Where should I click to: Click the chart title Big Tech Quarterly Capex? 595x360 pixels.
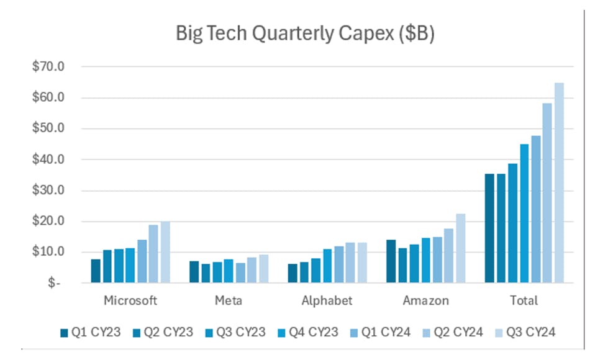pyautogui.click(x=305, y=34)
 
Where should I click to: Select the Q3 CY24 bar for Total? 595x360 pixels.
pyautogui.click(x=559, y=182)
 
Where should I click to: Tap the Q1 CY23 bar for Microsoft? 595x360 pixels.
pyautogui.click(x=96, y=271)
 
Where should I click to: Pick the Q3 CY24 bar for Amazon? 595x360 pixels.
pyautogui.click(x=461, y=248)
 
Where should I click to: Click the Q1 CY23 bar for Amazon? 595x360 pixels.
pyautogui.click(x=391, y=261)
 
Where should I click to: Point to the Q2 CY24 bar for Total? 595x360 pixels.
pyautogui.click(x=547, y=193)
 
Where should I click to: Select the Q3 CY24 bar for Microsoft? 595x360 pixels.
pyautogui.click(x=165, y=252)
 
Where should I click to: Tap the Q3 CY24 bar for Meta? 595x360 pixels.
pyautogui.click(x=263, y=268)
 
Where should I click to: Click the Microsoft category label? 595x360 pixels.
pyautogui.click(x=130, y=301)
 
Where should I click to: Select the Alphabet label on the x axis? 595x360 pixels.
pyautogui.click(x=327, y=301)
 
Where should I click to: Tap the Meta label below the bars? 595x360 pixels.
pyautogui.click(x=229, y=301)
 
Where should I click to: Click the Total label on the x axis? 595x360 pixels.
pyautogui.click(x=524, y=301)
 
